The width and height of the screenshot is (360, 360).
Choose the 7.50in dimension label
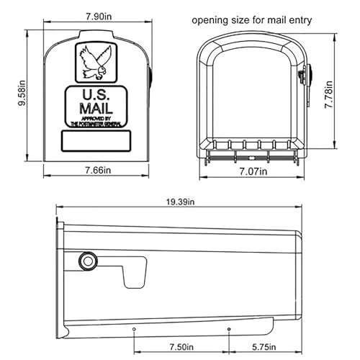tap(181, 346)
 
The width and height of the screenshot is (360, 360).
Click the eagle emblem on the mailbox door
tap(95, 60)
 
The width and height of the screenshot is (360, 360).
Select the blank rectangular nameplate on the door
tap(95, 141)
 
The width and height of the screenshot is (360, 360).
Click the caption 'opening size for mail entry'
tap(251, 20)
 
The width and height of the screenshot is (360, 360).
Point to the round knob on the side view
tap(88, 260)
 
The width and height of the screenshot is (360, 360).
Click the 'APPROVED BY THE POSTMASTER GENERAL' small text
tap(95, 121)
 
